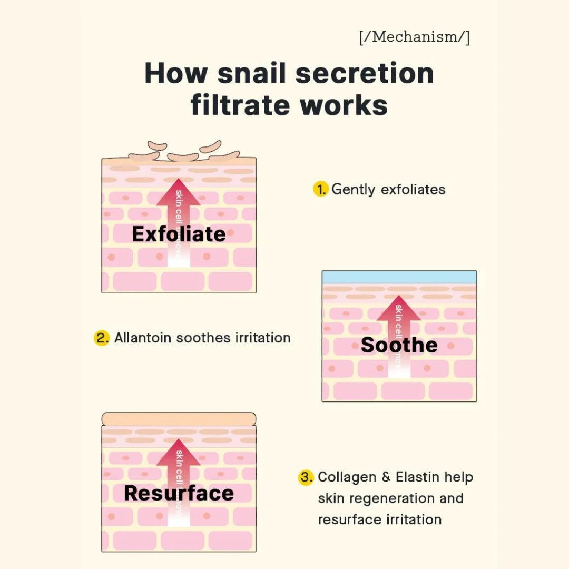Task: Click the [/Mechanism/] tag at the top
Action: coord(414,38)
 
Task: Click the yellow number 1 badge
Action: coord(320,189)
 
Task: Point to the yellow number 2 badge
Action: coord(102,338)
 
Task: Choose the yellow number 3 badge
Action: coord(306,477)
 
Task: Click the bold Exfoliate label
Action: coord(179,234)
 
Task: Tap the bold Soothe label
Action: coord(399,345)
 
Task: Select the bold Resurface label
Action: coord(179,493)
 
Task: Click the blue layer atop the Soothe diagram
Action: coord(399,277)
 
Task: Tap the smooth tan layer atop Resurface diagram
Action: coord(179,419)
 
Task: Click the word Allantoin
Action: coord(143,338)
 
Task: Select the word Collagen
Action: coord(347,477)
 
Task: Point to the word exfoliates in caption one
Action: coord(413,190)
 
